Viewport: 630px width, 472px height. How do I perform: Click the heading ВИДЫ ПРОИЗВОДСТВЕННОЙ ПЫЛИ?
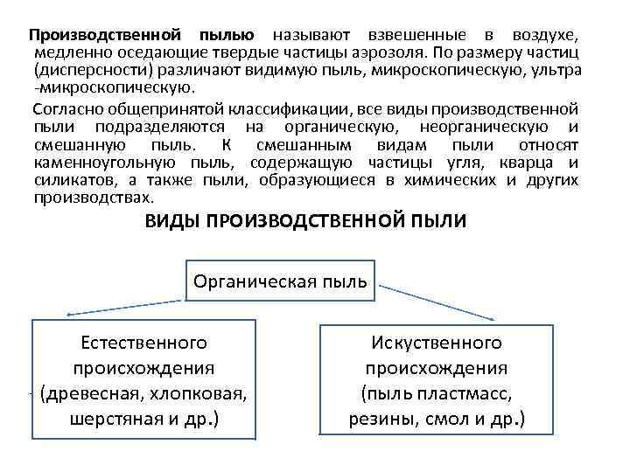[x=305, y=221]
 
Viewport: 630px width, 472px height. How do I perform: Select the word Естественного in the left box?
[x=143, y=342]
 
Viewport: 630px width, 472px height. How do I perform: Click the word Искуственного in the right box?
[x=436, y=342]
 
